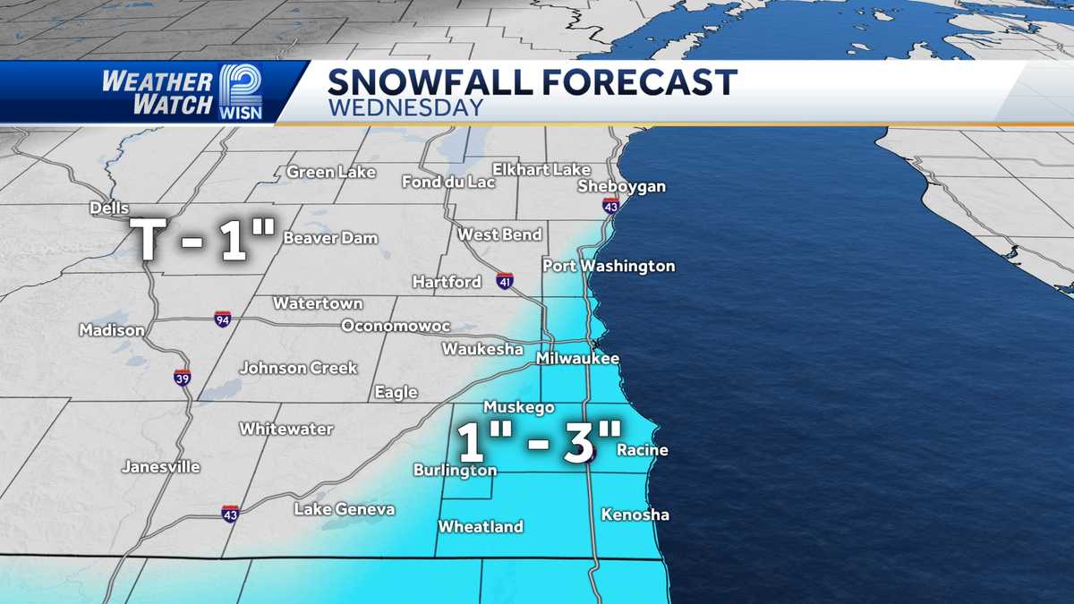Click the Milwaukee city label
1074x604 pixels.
577,358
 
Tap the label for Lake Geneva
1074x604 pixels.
345,509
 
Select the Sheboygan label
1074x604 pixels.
622,186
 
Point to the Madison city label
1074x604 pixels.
112,330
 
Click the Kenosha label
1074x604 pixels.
635,515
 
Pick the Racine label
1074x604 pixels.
643,450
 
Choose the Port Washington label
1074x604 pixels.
609,266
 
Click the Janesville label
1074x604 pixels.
161,466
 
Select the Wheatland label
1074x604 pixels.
481,527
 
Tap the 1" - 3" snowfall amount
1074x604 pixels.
540,443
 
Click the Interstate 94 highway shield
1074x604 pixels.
223,319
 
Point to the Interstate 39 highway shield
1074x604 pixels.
182,377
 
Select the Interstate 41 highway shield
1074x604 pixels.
506,282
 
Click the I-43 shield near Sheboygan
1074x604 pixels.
610,205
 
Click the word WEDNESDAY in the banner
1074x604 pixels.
405,107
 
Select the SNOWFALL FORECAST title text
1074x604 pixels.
532,81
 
